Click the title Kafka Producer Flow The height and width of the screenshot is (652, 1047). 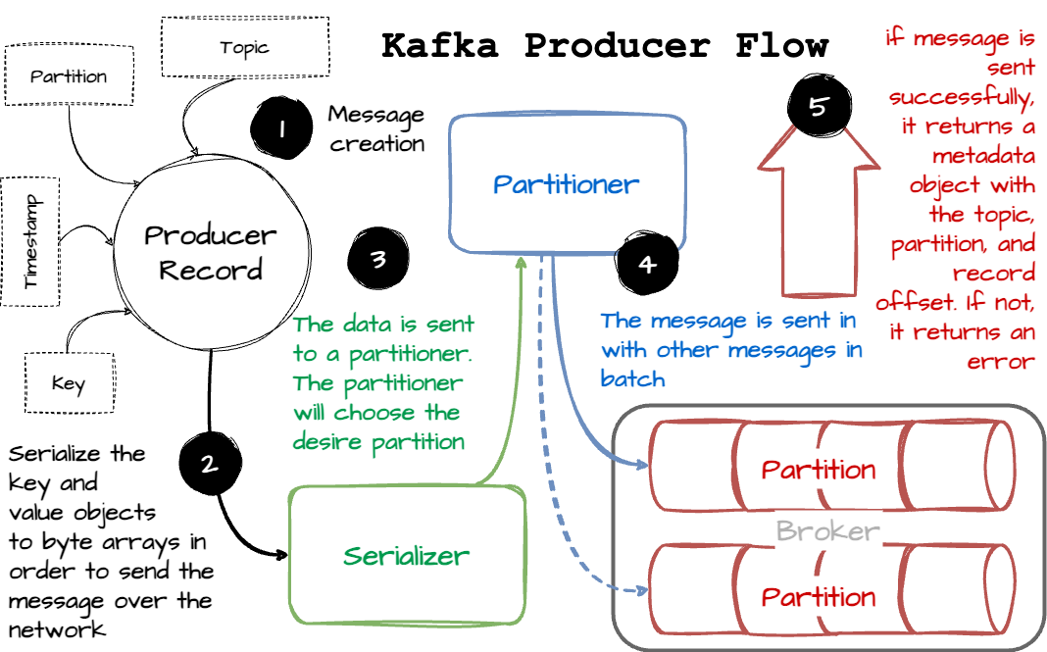point(605,45)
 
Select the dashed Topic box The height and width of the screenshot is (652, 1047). point(243,48)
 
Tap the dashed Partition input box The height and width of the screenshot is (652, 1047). point(69,76)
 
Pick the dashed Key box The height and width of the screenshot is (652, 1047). point(68,383)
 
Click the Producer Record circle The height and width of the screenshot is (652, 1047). point(211,253)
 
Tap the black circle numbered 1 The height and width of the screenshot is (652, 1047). point(280,126)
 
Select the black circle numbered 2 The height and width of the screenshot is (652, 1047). point(209,464)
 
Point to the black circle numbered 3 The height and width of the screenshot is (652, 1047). point(378,259)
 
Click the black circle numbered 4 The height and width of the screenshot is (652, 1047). point(645,264)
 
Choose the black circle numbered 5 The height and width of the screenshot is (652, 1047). point(819,107)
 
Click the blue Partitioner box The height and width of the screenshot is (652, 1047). point(567,183)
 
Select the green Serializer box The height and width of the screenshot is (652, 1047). point(406,556)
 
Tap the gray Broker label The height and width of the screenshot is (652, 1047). point(827,531)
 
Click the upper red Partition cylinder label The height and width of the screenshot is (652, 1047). point(819,469)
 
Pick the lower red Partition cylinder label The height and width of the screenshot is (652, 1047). point(819,596)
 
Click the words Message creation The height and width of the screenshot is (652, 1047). point(376,128)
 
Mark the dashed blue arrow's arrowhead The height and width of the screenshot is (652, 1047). point(643,591)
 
